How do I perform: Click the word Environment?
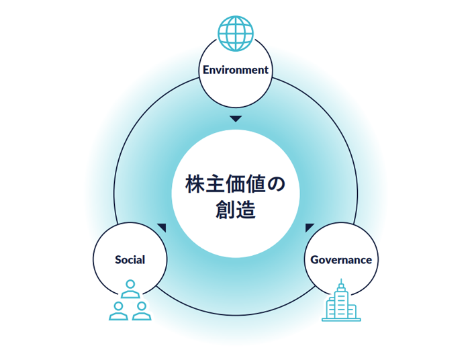[235, 70]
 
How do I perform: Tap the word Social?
[130, 260]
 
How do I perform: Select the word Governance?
[341, 260]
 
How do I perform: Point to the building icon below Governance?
[340, 304]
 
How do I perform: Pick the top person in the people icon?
[130, 289]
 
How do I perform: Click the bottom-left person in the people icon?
[119, 309]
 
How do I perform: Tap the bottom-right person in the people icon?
[141, 309]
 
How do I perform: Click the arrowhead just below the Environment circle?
[235, 119]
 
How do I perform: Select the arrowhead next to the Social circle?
[162, 227]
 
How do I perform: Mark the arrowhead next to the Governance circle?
[309, 227]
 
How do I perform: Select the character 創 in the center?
[226, 209]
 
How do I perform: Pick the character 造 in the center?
[246, 209]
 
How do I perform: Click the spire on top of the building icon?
[341, 281]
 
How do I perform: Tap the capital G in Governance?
[314, 260]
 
